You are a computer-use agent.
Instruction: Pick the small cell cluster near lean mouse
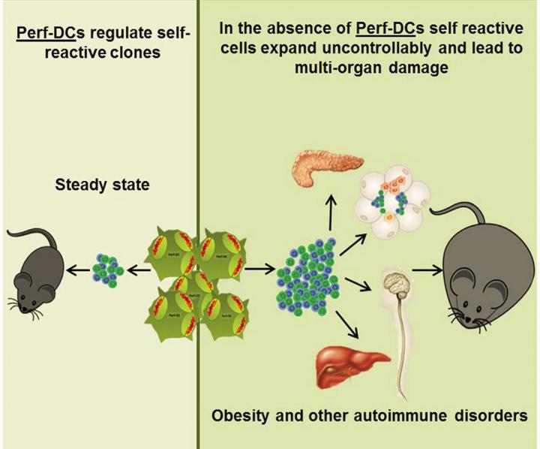pyautogui.click(x=109, y=267)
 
